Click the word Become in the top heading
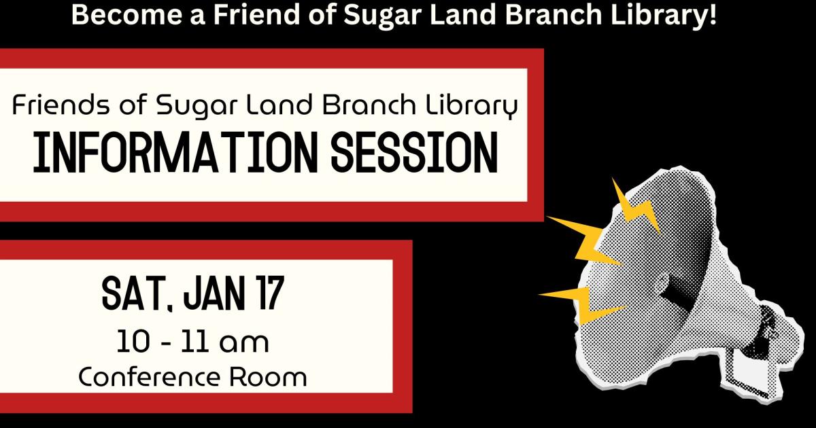click(x=126, y=14)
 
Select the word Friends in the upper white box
click(x=61, y=105)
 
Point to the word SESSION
click(x=414, y=152)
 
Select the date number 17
click(x=269, y=293)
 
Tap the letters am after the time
click(x=244, y=343)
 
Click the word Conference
click(x=150, y=377)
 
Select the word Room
click(x=268, y=378)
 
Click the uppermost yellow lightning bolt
click(x=636, y=206)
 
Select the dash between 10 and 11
click(x=165, y=343)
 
